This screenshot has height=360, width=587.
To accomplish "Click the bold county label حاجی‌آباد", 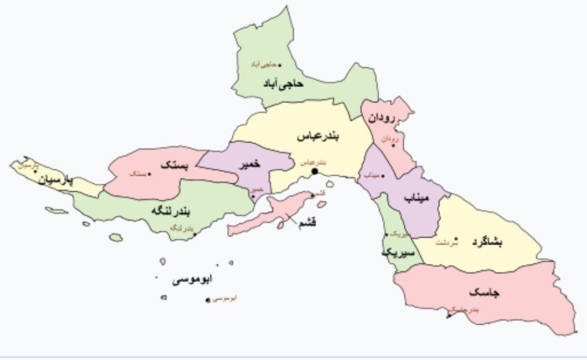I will pyautogui.click(x=283, y=84).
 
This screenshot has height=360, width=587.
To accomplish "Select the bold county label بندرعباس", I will pyautogui.click(x=317, y=136).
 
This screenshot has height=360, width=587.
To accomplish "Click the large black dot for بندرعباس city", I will pyautogui.click(x=314, y=171).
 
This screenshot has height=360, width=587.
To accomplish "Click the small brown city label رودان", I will pyautogui.click(x=389, y=139).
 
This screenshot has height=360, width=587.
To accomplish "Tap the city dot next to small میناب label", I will pyautogui.click(x=383, y=175).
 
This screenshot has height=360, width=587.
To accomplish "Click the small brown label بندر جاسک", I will pyautogui.click(x=467, y=309).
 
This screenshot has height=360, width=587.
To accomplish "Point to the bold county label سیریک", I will pyautogui.click(x=398, y=253).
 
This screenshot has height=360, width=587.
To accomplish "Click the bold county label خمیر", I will pyautogui.click(x=249, y=164).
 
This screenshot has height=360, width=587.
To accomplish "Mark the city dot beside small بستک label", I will pyautogui.click(x=150, y=174).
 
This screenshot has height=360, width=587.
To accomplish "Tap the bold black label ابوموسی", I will pyautogui.click(x=192, y=280).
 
